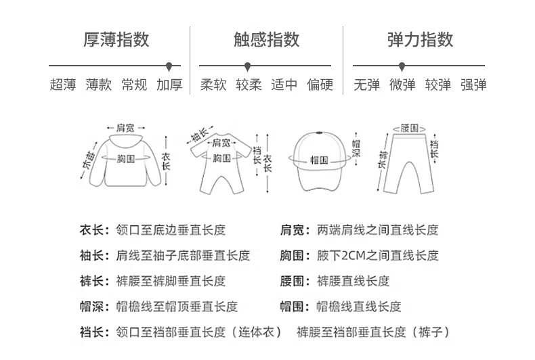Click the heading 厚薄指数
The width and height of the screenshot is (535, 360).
click(x=116, y=39)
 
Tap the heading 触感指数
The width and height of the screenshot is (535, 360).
click(x=266, y=39)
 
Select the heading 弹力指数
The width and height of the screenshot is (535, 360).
click(x=420, y=39)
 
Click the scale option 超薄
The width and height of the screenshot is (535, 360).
click(x=63, y=85)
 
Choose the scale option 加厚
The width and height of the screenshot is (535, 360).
click(x=169, y=85)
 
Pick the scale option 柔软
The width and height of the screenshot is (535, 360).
click(x=213, y=85)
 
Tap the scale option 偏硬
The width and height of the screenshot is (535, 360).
click(x=320, y=85)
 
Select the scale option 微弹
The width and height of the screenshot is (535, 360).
click(x=402, y=85)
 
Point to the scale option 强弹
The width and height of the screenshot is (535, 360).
click(x=473, y=85)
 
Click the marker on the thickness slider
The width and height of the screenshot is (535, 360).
click(x=169, y=66)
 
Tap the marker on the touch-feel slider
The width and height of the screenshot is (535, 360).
click(x=248, y=66)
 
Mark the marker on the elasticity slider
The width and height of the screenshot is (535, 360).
click(x=402, y=66)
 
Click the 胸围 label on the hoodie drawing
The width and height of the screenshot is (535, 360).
click(x=126, y=158)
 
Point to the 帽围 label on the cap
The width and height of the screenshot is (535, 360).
click(x=319, y=160)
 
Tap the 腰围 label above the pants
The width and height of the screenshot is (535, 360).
click(x=409, y=127)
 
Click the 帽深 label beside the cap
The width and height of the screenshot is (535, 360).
click(x=356, y=151)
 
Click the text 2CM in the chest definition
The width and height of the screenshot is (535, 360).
click(x=359, y=256)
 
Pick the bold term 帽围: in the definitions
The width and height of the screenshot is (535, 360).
click(x=296, y=307)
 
